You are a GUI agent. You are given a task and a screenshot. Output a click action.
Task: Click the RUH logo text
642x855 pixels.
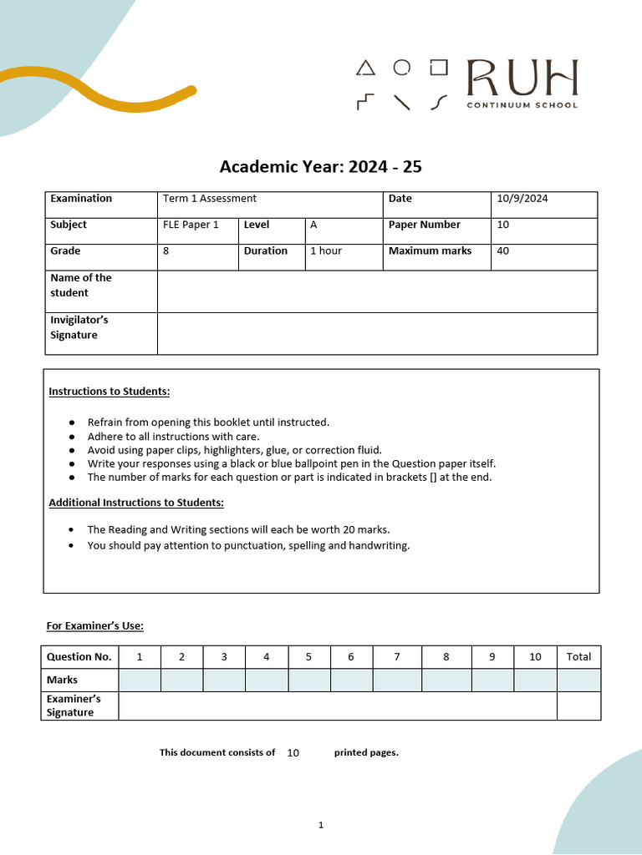point(522,78)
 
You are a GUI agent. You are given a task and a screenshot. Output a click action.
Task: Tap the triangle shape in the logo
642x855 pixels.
point(365,68)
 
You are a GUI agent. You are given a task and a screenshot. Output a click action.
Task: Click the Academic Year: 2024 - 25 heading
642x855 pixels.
point(320,167)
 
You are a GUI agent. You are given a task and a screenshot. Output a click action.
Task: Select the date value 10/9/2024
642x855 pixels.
point(522,199)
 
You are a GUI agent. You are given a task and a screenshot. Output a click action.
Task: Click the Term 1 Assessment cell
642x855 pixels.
point(210,199)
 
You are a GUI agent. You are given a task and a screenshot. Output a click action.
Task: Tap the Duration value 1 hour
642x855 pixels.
point(326,250)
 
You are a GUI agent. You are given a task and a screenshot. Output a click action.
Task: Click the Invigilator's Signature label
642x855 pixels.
point(79,327)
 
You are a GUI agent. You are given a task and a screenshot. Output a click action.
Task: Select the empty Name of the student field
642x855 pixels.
point(376,291)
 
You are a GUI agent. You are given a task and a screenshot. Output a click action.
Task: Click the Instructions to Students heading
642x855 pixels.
point(110,392)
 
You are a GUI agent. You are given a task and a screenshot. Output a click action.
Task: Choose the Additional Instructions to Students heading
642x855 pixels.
point(136,503)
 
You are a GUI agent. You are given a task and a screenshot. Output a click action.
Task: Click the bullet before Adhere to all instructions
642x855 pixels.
point(73,437)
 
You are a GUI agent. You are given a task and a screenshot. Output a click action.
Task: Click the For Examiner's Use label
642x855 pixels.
point(94,626)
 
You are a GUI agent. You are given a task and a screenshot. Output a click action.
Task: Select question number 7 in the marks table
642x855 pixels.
point(397,657)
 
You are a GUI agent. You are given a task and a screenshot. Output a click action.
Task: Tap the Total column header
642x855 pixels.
point(578,657)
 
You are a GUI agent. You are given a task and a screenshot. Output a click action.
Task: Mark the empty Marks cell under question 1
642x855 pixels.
point(140,680)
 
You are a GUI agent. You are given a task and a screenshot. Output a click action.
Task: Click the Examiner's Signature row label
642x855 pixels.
point(73,706)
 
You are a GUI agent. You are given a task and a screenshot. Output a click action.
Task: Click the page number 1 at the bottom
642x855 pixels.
point(320,825)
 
